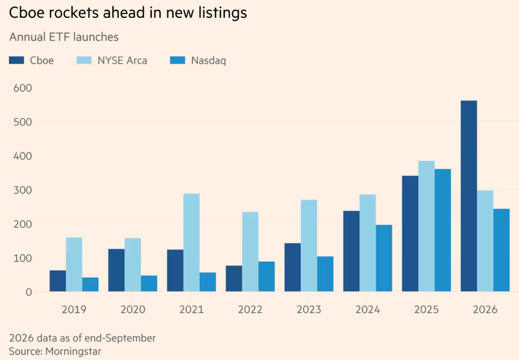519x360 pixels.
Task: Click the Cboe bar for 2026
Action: (469, 196)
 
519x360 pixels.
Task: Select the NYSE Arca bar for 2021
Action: (191, 242)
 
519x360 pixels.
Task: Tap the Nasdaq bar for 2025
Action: (443, 230)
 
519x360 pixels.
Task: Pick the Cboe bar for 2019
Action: (57, 281)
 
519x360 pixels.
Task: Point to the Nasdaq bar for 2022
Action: (267, 276)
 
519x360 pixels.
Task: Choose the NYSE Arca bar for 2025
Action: (427, 226)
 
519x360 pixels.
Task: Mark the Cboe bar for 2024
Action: (352, 251)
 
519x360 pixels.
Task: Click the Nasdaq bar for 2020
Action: (149, 284)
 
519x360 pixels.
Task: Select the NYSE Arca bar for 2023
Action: (309, 246)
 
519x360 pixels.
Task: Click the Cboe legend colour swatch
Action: (17, 60)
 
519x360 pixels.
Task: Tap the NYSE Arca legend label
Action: (122, 61)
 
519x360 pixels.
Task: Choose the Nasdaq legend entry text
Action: (209, 61)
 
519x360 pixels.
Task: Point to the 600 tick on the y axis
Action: (23, 88)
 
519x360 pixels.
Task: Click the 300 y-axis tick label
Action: (23, 190)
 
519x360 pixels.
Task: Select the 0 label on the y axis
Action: (29, 292)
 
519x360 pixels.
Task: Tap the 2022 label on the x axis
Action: (250, 310)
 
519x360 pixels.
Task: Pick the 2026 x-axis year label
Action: (486, 310)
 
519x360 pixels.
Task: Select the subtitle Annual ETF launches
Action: (64, 37)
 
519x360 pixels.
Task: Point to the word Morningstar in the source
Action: (73, 351)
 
